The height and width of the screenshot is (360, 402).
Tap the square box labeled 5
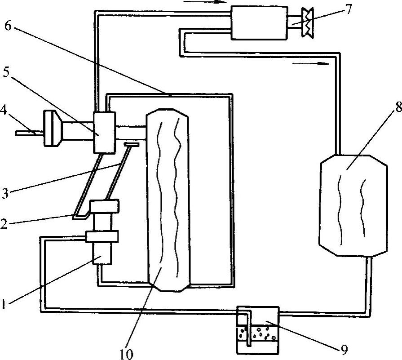[104, 132]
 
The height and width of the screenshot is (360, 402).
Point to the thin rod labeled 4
[30, 133]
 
